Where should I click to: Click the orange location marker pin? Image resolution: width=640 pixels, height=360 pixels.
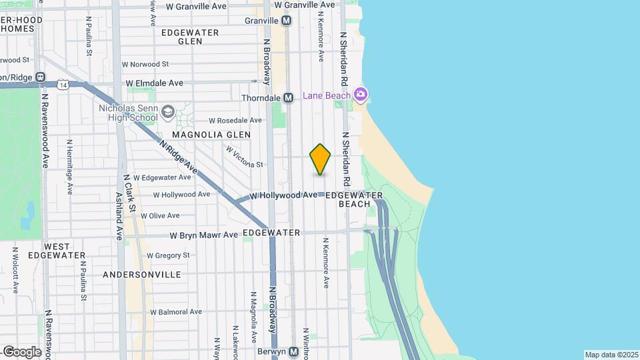point(320,159)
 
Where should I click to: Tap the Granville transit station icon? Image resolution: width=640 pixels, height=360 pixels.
point(287,21)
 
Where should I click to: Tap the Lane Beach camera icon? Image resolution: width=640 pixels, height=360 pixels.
point(361,95)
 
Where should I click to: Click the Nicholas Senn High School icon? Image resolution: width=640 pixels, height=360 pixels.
point(167,112)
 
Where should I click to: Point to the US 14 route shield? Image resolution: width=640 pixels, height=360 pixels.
point(63,85)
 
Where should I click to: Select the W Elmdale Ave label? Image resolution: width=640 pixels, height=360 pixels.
point(154,83)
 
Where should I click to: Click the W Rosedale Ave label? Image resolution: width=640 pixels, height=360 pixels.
point(235,121)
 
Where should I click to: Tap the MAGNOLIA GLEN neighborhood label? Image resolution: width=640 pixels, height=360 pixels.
point(211,135)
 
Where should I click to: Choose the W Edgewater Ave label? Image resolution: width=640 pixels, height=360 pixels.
point(163,177)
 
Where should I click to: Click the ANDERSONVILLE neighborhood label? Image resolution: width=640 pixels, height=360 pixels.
point(142,275)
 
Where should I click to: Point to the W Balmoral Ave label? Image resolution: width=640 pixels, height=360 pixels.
point(176,311)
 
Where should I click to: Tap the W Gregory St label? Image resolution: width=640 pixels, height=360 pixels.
point(168,255)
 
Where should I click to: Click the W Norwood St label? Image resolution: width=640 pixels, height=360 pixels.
point(145,65)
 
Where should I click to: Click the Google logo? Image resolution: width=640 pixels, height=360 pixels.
point(21,351)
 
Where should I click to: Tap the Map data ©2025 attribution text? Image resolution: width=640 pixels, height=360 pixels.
point(611,355)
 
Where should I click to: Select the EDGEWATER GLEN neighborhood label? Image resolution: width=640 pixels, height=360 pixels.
point(181,36)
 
